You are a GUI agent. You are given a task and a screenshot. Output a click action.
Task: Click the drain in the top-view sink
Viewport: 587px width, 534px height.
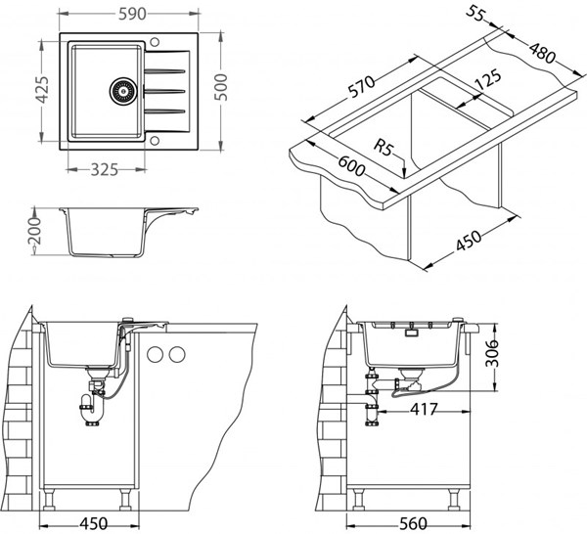click(123, 88)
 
